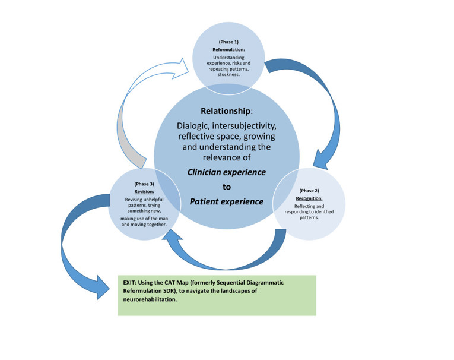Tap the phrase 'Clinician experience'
227,172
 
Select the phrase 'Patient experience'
226,201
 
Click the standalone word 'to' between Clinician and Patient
226,187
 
